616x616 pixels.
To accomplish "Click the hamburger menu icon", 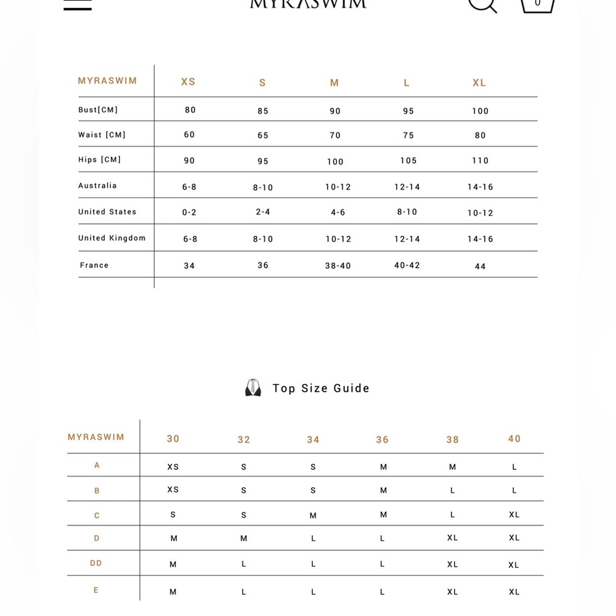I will pos(78,5).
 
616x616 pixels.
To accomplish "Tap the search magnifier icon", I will pos(482,5).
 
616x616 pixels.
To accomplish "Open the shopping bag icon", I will pos(537,5).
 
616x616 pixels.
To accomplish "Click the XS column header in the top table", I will pos(188,82).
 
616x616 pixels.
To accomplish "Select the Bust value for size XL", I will pos(480,111).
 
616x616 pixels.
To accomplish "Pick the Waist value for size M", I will pos(334,136).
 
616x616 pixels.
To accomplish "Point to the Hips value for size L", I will pos(408,161).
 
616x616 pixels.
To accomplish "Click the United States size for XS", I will pos(189,213).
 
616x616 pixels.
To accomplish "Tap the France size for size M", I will pos(338,266).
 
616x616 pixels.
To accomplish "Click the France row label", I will pos(94,265).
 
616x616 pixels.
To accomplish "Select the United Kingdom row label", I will pos(112,238).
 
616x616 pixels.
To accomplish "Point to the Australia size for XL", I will pos(480,187).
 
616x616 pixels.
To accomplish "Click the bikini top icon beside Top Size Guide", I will pos(253,388).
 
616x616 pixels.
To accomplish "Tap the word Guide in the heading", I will pos(351,388).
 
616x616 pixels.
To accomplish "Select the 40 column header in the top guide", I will pos(514,439).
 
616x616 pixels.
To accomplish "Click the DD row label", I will pos(96,563).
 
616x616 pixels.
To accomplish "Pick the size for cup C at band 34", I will pos(313,516).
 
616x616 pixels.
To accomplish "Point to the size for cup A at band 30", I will pos(173,467).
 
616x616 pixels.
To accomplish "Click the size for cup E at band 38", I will pos(453,592).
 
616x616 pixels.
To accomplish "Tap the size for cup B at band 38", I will pos(453,491).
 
